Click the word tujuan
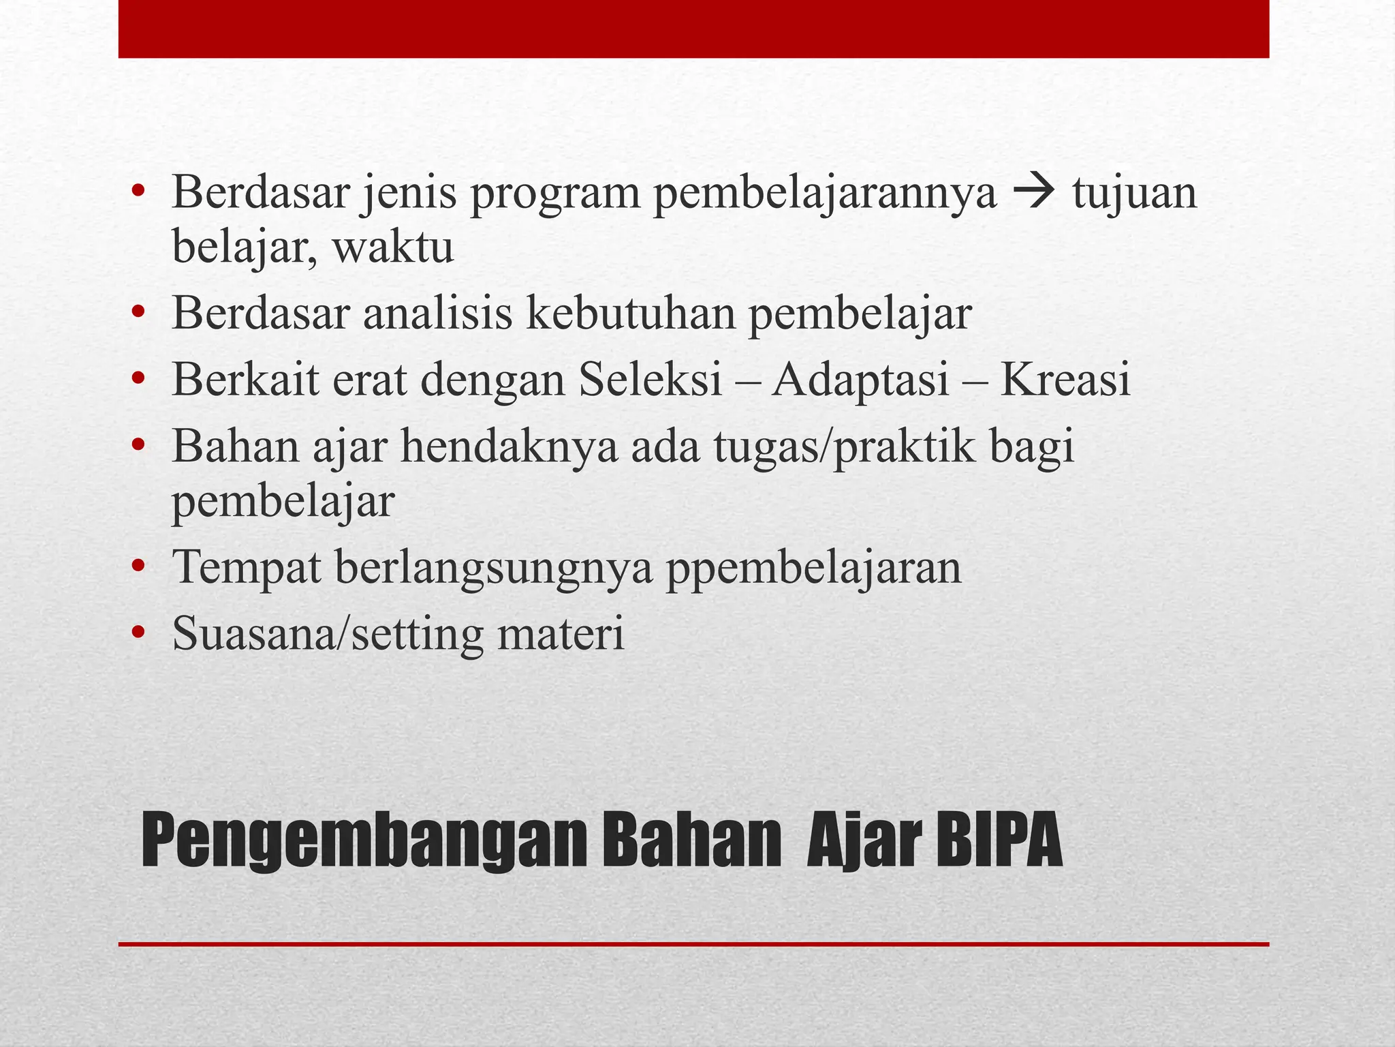1134,193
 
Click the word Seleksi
651,380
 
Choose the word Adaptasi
861,380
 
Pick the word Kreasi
1065,380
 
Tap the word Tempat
246,568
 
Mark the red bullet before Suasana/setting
139,632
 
